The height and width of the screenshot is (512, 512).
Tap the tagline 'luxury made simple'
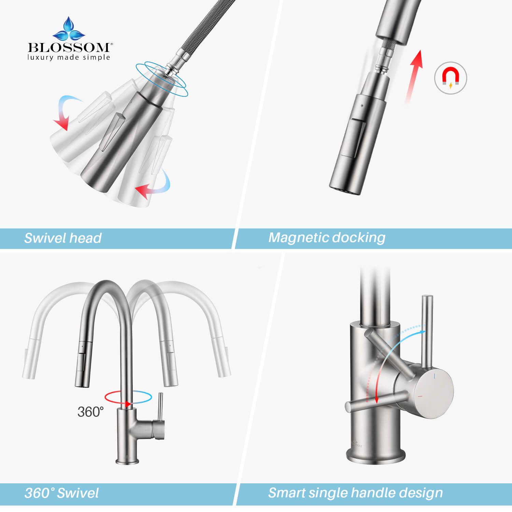[69, 57]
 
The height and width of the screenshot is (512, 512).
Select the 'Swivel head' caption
[63, 238]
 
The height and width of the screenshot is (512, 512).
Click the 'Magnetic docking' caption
[327, 237]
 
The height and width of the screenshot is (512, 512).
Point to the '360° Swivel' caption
[61, 493]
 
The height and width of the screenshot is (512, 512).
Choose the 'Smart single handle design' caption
[355, 493]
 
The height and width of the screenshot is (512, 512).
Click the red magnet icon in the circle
[450, 77]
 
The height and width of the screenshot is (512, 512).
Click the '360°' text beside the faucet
[90, 412]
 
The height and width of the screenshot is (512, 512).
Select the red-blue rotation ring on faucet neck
[128, 398]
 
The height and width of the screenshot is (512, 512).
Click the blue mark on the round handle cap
[434, 376]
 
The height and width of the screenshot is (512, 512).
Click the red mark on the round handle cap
[420, 396]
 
